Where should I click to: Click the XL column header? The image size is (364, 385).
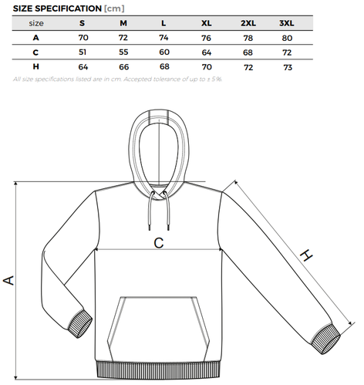(207, 23)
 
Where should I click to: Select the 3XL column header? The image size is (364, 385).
(287, 23)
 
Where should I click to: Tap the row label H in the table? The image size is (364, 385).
(35, 66)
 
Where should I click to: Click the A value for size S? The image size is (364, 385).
(83, 38)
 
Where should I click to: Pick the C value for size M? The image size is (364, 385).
(123, 52)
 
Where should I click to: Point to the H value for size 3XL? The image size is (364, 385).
(288, 67)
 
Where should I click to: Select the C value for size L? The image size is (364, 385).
(164, 52)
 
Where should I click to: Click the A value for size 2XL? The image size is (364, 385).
(248, 38)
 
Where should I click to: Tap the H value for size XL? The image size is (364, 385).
(207, 67)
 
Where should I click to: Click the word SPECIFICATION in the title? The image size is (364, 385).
(69, 8)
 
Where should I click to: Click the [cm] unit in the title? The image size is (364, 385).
(114, 8)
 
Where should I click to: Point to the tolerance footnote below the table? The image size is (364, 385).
(118, 79)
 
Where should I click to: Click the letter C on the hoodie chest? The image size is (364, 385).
(159, 243)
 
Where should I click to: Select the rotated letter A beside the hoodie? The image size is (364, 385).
(8, 280)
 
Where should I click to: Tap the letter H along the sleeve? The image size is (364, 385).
(306, 255)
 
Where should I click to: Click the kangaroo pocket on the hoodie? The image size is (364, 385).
(158, 329)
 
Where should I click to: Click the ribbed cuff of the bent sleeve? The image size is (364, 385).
(80, 323)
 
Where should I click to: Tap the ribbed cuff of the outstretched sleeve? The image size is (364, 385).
(326, 339)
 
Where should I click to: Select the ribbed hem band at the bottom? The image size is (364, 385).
(158, 370)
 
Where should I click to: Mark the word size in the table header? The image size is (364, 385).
(36, 23)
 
